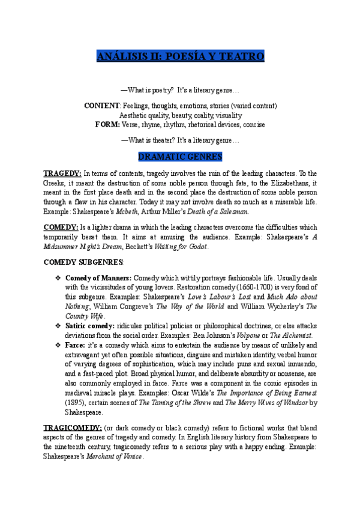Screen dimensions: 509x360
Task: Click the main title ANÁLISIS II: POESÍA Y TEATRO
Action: pos(180,57)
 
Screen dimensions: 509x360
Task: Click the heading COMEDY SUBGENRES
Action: pos(74,262)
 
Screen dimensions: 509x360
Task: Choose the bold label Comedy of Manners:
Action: pos(98,278)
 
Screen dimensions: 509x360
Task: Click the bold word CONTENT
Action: pos(102,106)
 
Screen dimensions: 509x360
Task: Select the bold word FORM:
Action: pos(107,124)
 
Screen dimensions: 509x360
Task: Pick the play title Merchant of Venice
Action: pos(118,457)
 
